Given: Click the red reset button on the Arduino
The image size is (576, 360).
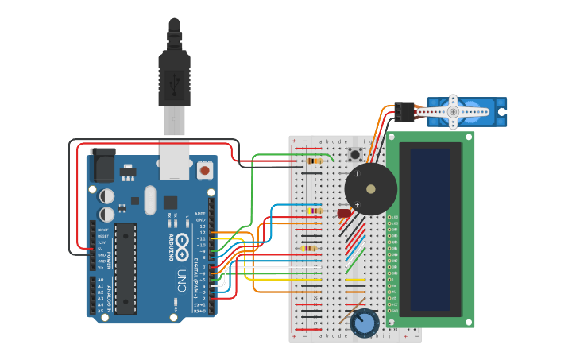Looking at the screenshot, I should pyautogui.click(x=205, y=169).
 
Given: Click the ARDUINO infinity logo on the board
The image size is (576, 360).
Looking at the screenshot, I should pyautogui.click(x=183, y=244).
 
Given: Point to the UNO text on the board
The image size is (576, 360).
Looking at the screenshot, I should pyautogui.click(x=182, y=281).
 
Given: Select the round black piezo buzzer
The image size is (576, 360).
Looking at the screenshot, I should pyautogui.click(x=370, y=189).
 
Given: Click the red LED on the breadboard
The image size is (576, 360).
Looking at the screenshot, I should pyautogui.click(x=344, y=213).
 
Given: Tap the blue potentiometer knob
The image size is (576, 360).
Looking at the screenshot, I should pyautogui.click(x=365, y=323).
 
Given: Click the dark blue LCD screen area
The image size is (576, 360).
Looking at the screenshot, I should pyautogui.click(x=430, y=230).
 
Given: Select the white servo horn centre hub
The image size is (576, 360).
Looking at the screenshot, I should pyautogui.click(x=453, y=112).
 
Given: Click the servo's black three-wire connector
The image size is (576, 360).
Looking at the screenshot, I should pyautogui.click(x=404, y=111).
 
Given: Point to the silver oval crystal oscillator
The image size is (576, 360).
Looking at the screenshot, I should pyautogui.click(x=150, y=200).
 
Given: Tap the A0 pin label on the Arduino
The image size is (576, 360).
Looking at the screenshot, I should pyautogui.click(x=100, y=281).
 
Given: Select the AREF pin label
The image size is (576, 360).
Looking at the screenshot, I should pyautogui.click(x=201, y=214).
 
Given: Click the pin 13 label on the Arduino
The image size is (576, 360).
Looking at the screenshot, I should pyautogui.click(x=202, y=226).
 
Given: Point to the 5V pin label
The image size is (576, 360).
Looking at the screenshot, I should pyautogui.click(x=101, y=249).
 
